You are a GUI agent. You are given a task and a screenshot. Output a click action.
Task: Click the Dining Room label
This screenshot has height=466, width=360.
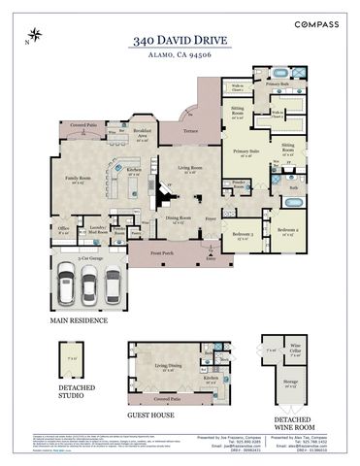coord(178,219)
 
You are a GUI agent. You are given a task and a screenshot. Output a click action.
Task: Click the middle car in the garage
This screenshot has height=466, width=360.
coord(90,283)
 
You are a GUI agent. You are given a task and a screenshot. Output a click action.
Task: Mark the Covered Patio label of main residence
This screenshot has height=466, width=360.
coord(83,125)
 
